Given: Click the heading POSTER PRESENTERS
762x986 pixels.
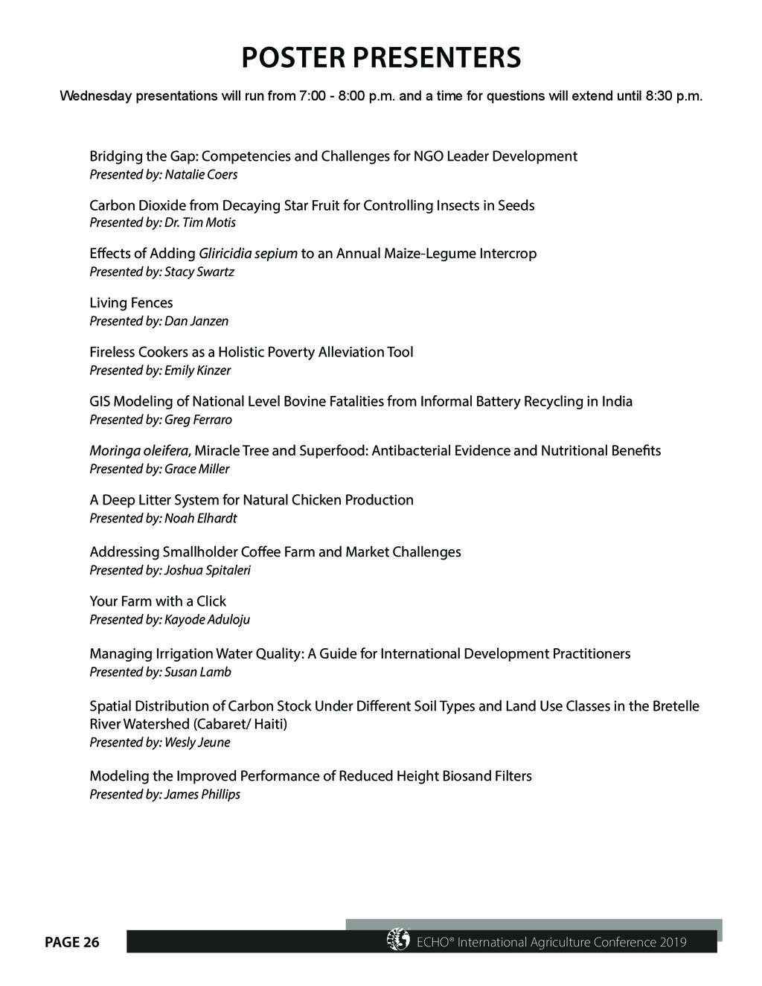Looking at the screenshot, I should [381, 57].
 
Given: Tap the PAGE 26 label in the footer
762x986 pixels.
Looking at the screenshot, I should [71, 943].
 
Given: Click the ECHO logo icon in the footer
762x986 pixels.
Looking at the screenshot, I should [398, 940].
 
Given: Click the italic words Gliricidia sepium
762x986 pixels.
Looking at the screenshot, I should [248, 254].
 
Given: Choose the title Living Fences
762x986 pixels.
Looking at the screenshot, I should [131, 303].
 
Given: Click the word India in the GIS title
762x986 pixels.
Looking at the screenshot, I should [617, 402].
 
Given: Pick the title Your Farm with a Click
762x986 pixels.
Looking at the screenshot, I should [158, 601].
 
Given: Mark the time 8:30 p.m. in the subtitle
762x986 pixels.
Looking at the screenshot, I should [673, 97].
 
